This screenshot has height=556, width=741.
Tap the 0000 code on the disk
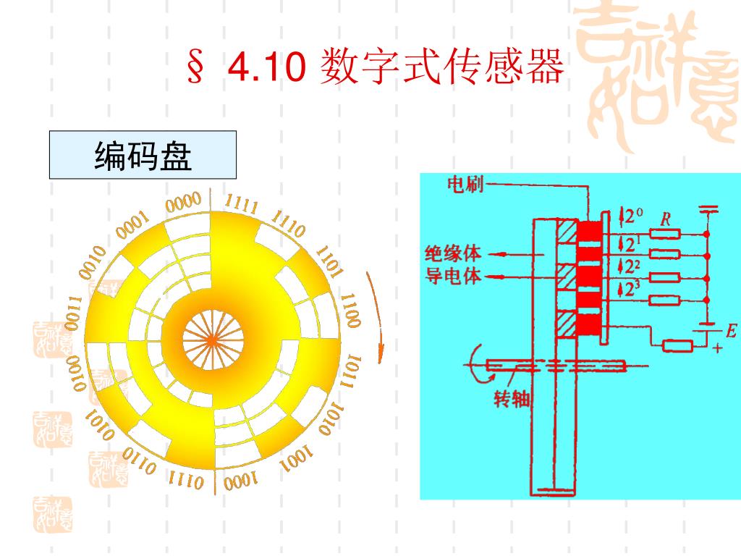tap(182, 203)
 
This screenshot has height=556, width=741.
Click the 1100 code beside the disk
tap(350, 311)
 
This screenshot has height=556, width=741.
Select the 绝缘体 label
tap(452, 254)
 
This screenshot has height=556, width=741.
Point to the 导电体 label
tap(452, 276)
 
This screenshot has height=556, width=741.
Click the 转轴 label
tap(512, 399)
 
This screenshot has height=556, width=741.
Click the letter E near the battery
tap(730, 332)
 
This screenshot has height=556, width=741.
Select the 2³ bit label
tap(632, 290)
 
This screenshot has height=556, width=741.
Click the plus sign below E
tap(716, 348)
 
